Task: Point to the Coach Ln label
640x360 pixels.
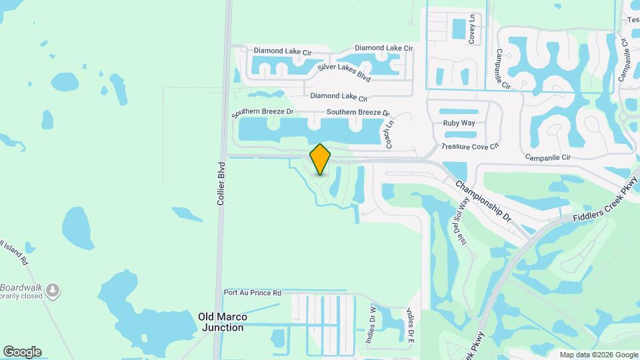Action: pos(390,129)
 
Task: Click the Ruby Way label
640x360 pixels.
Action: pos(459,123)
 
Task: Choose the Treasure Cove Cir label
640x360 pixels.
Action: pos(469,147)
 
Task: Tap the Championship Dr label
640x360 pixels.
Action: pos(483,201)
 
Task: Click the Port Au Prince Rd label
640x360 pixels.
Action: pos(253,293)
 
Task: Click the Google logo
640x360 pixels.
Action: pos(22,352)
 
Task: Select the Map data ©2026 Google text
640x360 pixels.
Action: pos(599,355)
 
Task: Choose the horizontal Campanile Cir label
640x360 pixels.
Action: pos(548,158)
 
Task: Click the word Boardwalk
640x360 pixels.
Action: pos(21,287)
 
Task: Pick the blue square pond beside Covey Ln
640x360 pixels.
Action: pos(459,29)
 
